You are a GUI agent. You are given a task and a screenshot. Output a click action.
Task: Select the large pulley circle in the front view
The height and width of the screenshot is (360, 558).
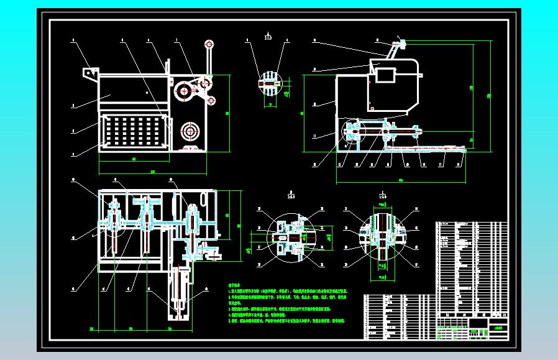184,91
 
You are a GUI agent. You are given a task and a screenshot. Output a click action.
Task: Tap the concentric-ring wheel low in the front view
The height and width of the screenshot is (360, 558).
189,132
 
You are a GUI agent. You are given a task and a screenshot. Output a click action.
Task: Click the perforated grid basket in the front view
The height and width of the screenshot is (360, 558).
134,132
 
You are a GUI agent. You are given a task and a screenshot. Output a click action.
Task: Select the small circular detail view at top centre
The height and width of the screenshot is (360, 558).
268,83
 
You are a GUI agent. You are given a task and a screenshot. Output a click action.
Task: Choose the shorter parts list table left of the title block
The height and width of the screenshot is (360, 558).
398,316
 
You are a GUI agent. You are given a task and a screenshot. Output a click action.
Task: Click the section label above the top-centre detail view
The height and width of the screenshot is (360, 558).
268,36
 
